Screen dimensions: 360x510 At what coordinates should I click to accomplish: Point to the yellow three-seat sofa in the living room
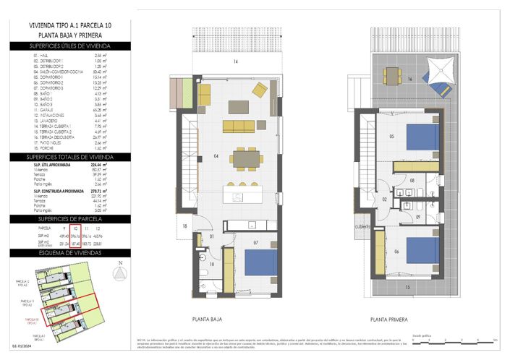(x=239, y=127)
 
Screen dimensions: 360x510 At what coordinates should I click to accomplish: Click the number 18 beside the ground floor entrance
(x=185, y=227)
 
